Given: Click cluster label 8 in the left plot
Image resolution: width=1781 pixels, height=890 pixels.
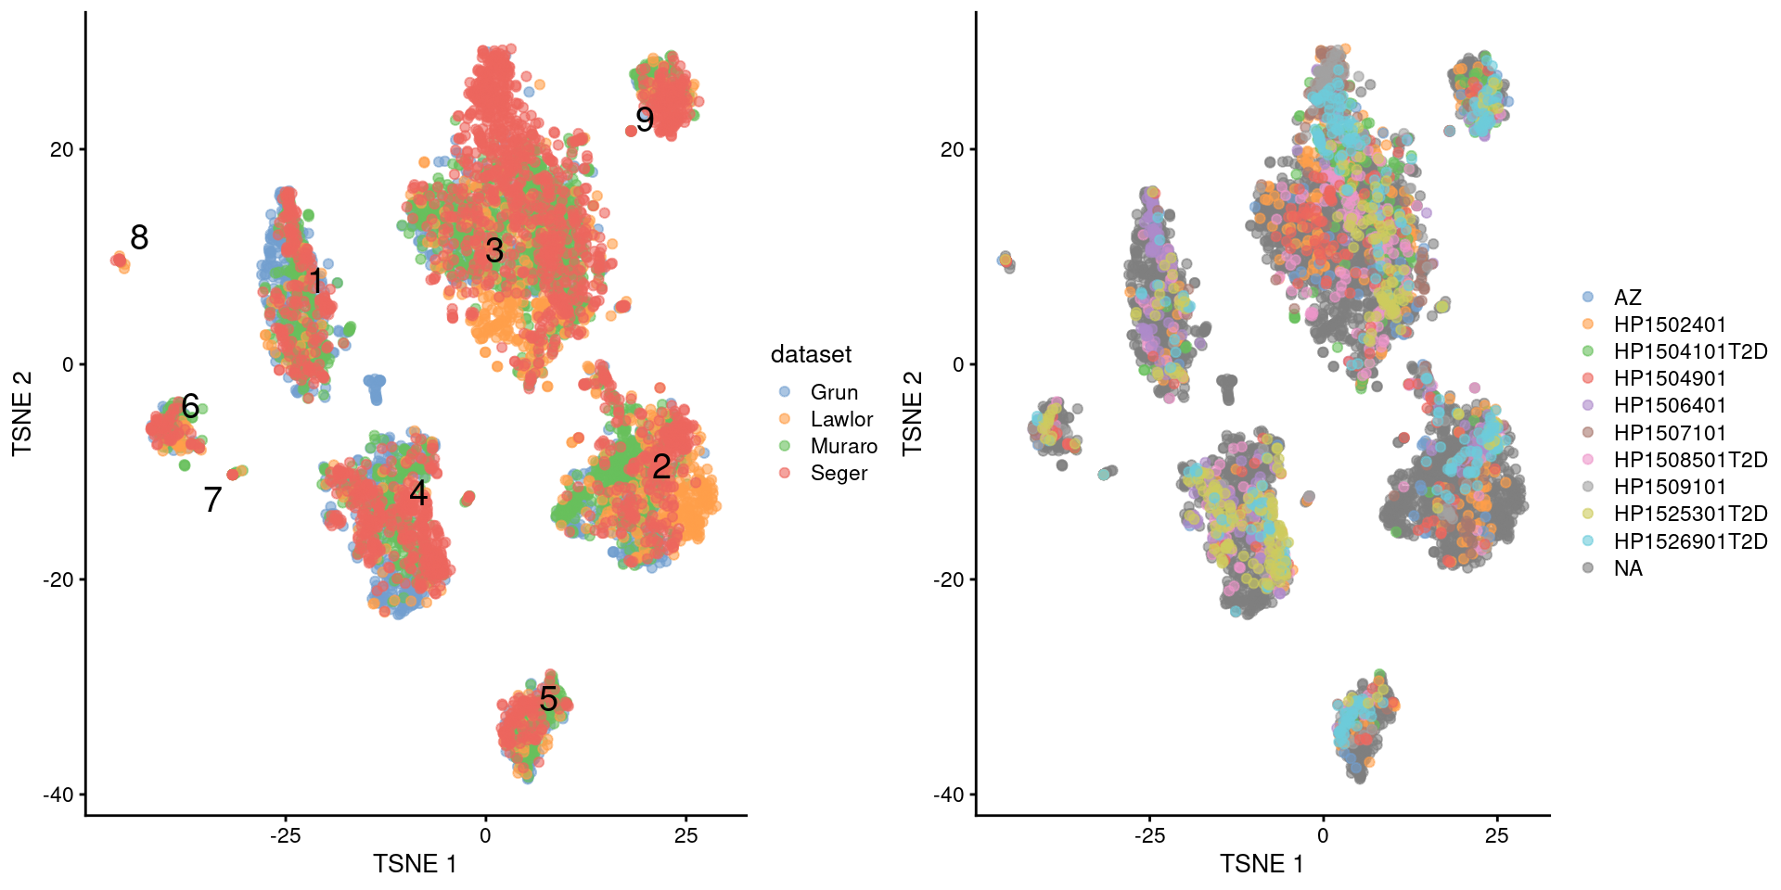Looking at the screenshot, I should tap(139, 238).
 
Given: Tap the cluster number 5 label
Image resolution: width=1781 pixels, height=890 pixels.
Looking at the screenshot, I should tap(548, 699).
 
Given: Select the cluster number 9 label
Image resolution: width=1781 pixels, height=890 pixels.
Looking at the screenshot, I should tap(645, 120).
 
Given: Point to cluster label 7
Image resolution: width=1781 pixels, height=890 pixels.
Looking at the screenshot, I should tap(212, 500).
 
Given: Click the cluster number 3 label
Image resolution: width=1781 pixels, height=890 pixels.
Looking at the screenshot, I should tap(494, 250).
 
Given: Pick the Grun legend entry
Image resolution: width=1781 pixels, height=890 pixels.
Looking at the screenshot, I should tap(833, 392).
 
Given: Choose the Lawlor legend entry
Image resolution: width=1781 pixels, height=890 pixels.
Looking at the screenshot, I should tap(840, 419).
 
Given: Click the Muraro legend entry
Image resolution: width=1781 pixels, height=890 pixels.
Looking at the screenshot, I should tap(843, 446).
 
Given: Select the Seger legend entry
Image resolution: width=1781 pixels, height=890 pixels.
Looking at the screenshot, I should tap(839, 473).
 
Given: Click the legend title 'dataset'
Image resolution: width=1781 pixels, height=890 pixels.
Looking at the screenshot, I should tap(811, 354).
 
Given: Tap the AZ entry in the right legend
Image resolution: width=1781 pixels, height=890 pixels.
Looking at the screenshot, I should tap(1627, 298).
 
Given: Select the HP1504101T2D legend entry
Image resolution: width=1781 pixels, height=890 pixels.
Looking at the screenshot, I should tap(1690, 351).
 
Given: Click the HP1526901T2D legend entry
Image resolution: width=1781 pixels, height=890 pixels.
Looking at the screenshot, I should tap(1690, 541).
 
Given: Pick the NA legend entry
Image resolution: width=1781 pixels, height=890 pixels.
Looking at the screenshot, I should tap(1628, 568).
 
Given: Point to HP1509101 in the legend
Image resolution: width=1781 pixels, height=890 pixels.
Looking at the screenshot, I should tap(1670, 487).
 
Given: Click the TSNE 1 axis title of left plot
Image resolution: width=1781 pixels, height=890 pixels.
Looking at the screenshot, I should tap(415, 864).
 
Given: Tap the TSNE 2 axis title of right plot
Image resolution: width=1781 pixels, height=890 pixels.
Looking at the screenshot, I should tap(913, 413).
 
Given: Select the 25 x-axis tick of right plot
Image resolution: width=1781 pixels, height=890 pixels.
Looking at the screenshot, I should tap(1496, 835).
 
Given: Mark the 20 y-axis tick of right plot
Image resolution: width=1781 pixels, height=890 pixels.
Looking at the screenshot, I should tap(952, 149).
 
